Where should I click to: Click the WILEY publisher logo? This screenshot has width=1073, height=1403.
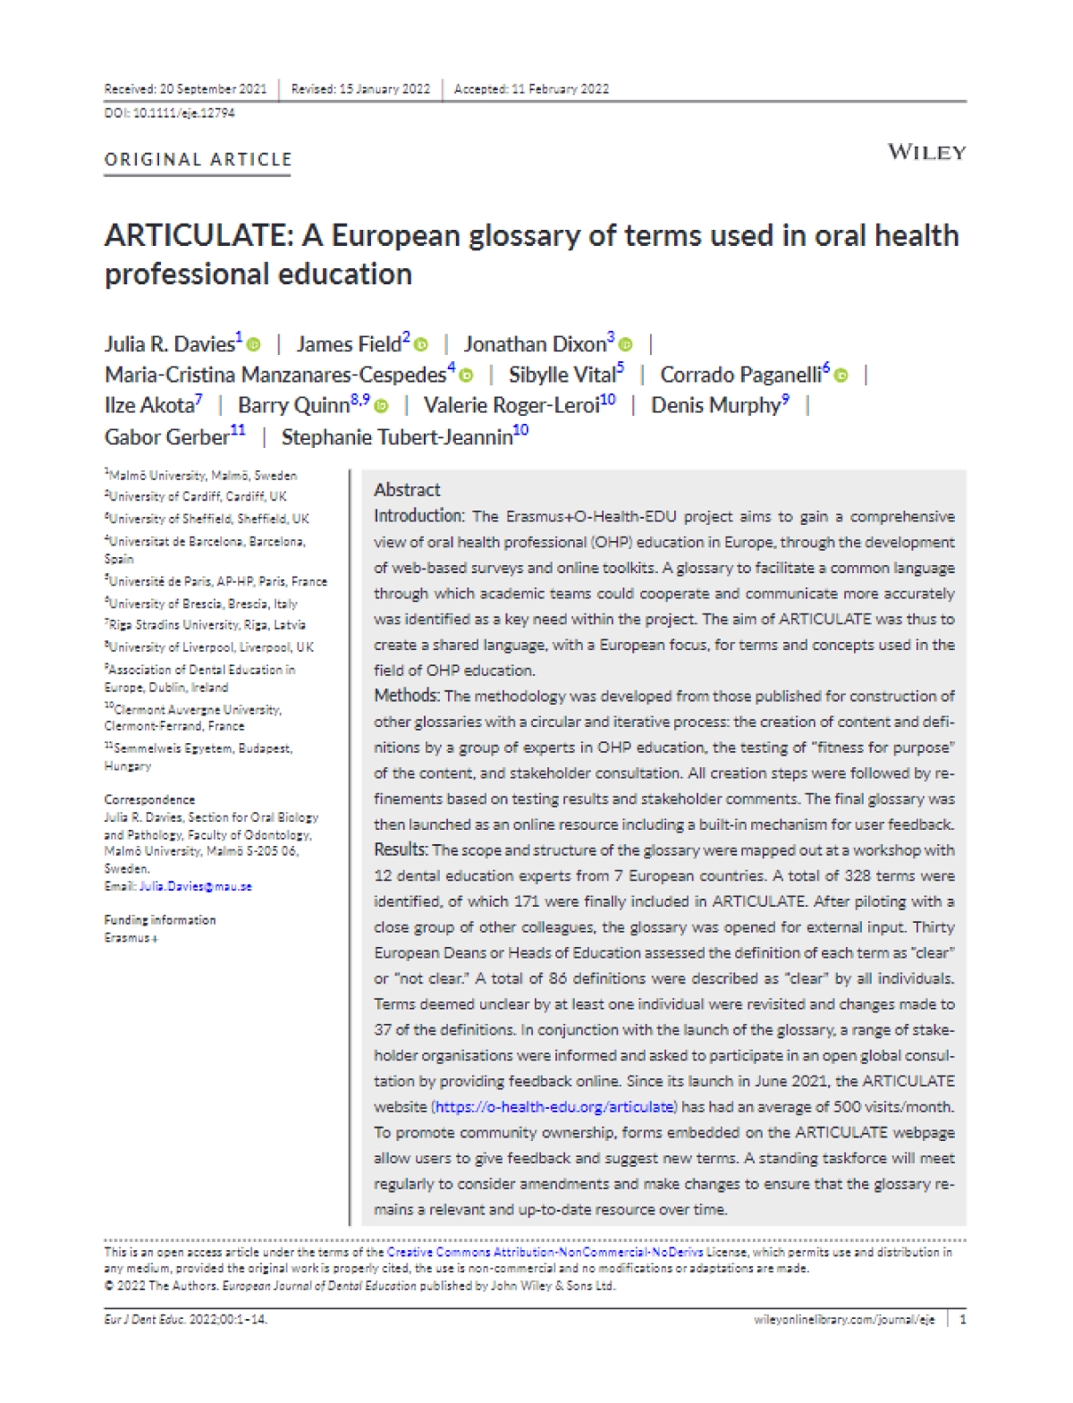point(926,152)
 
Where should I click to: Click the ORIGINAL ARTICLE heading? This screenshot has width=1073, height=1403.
point(198,160)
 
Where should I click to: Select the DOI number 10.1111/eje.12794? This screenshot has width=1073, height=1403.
point(184,114)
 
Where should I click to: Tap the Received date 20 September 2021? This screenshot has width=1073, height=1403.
point(213,89)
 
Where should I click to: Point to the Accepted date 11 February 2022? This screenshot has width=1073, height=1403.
point(560,89)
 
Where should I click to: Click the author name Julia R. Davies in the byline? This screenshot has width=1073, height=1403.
point(169,344)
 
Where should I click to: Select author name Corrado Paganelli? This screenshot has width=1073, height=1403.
point(740,375)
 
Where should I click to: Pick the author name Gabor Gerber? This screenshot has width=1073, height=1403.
point(166,437)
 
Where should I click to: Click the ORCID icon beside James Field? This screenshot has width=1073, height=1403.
point(421,345)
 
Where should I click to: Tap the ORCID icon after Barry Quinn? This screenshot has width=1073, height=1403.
point(382,406)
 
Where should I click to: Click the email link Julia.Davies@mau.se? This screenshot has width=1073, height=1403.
point(196,886)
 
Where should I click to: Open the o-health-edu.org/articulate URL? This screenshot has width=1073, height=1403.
point(554,1107)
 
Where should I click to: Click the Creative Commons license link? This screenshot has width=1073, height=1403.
point(545,1252)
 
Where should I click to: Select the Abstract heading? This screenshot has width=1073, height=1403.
point(407,489)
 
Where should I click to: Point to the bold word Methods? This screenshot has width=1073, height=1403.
point(406,696)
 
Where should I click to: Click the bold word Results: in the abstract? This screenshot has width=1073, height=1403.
point(401,849)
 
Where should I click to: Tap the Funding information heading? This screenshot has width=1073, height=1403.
point(160,919)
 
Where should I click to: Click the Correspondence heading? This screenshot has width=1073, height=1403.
point(149,799)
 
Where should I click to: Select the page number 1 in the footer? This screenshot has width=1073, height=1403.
point(962,1319)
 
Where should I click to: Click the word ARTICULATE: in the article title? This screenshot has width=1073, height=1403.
point(199,236)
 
